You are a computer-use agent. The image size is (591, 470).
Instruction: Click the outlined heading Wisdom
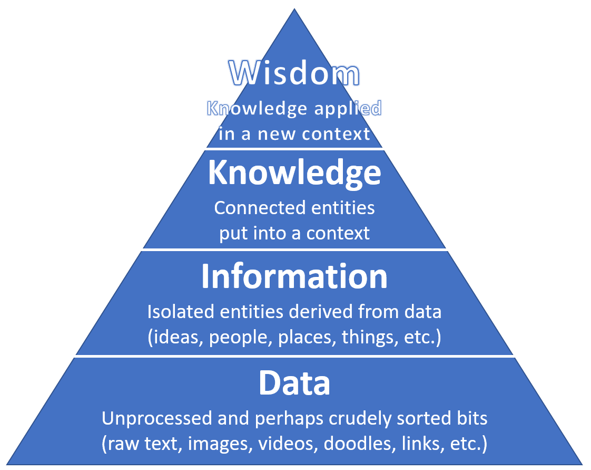coord(294,74)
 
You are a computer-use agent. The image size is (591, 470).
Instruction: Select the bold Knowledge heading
coord(294,172)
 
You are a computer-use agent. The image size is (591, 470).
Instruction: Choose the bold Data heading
coord(294,383)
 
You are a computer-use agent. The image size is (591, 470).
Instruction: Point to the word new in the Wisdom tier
coord(274,134)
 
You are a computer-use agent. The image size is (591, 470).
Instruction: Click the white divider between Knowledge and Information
coord(294,250)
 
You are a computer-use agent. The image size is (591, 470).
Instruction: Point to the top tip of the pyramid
coord(294,9)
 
